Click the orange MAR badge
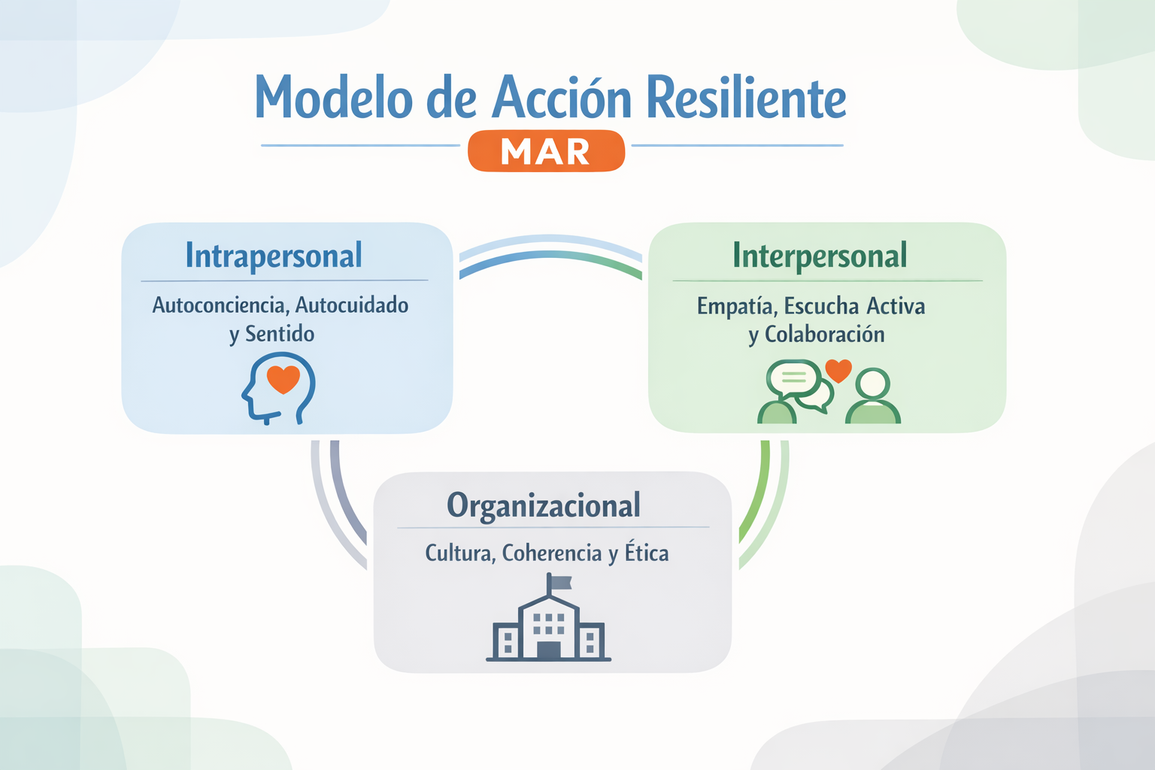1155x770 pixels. (546, 150)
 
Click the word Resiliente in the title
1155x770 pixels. (746, 98)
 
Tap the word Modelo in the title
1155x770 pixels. (334, 98)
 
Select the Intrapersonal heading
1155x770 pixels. (274, 256)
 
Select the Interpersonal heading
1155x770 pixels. (820, 256)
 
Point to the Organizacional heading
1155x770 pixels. (544, 505)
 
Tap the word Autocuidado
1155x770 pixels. (352, 305)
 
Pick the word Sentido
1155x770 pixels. (280, 334)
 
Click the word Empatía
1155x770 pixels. (738, 307)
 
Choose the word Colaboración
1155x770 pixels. (824, 335)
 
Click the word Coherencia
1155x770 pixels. (552, 553)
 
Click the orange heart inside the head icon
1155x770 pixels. (283, 378)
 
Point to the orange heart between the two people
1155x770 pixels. (838, 370)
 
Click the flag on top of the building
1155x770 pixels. (560, 582)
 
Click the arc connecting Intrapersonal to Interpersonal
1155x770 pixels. (550, 253)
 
